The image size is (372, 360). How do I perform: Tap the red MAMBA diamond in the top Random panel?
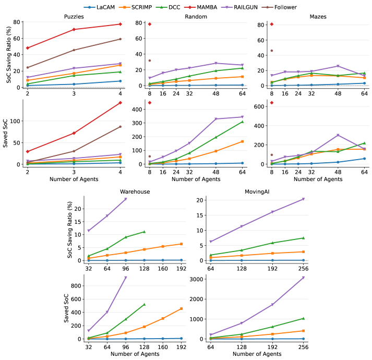click(150, 24)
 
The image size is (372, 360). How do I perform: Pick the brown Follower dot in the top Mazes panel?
click(272, 51)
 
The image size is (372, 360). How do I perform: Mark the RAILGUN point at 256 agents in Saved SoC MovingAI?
click(332, 278)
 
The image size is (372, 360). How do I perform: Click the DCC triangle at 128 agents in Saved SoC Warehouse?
click(144, 304)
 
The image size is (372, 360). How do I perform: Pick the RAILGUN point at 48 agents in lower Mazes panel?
click(338, 135)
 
